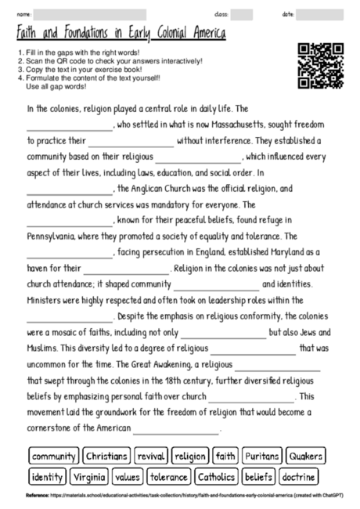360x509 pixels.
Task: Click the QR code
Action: click(x=321, y=66)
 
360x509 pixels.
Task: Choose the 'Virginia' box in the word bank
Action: click(x=88, y=476)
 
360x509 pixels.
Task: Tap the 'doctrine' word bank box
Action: click(x=298, y=476)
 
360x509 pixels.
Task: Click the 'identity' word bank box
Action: click(x=47, y=476)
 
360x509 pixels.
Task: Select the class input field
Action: click(x=242, y=14)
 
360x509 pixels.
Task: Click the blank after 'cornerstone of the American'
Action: click(x=176, y=429)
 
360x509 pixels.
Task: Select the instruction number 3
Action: click(x=19, y=67)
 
